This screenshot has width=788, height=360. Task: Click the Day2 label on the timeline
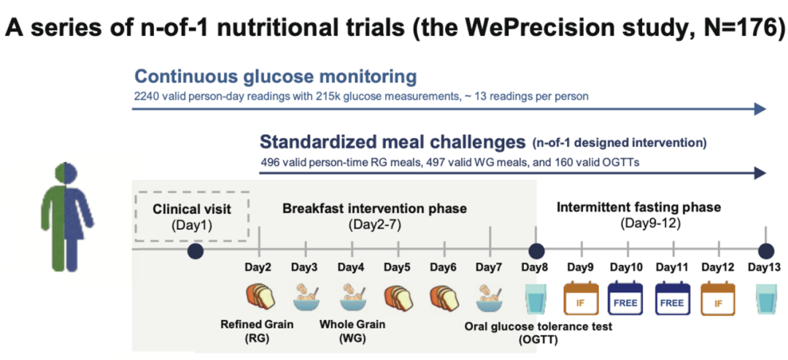pyautogui.click(x=258, y=267)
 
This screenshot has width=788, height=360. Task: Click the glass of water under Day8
pyautogui.click(x=536, y=298)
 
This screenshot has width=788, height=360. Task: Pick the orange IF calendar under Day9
pyautogui.click(x=582, y=298)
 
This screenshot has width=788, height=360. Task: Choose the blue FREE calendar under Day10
pyautogui.click(x=627, y=298)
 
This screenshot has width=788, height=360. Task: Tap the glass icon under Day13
pyautogui.click(x=765, y=298)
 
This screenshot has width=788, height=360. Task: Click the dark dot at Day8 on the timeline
pyautogui.click(x=536, y=249)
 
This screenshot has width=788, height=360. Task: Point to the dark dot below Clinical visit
pyautogui.click(x=194, y=250)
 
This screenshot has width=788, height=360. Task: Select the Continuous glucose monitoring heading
pyautogui.click(x=275, y=77)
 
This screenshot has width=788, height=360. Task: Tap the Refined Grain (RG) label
pyautogui.click(x=258, y=332)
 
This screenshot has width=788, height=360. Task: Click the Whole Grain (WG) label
pyautogui.click(x=353, y=332)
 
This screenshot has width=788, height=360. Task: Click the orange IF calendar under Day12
pyautogui.click(x=718, y=298)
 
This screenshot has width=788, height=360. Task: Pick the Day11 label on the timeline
pyautogui.click(x=674, y=267)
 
